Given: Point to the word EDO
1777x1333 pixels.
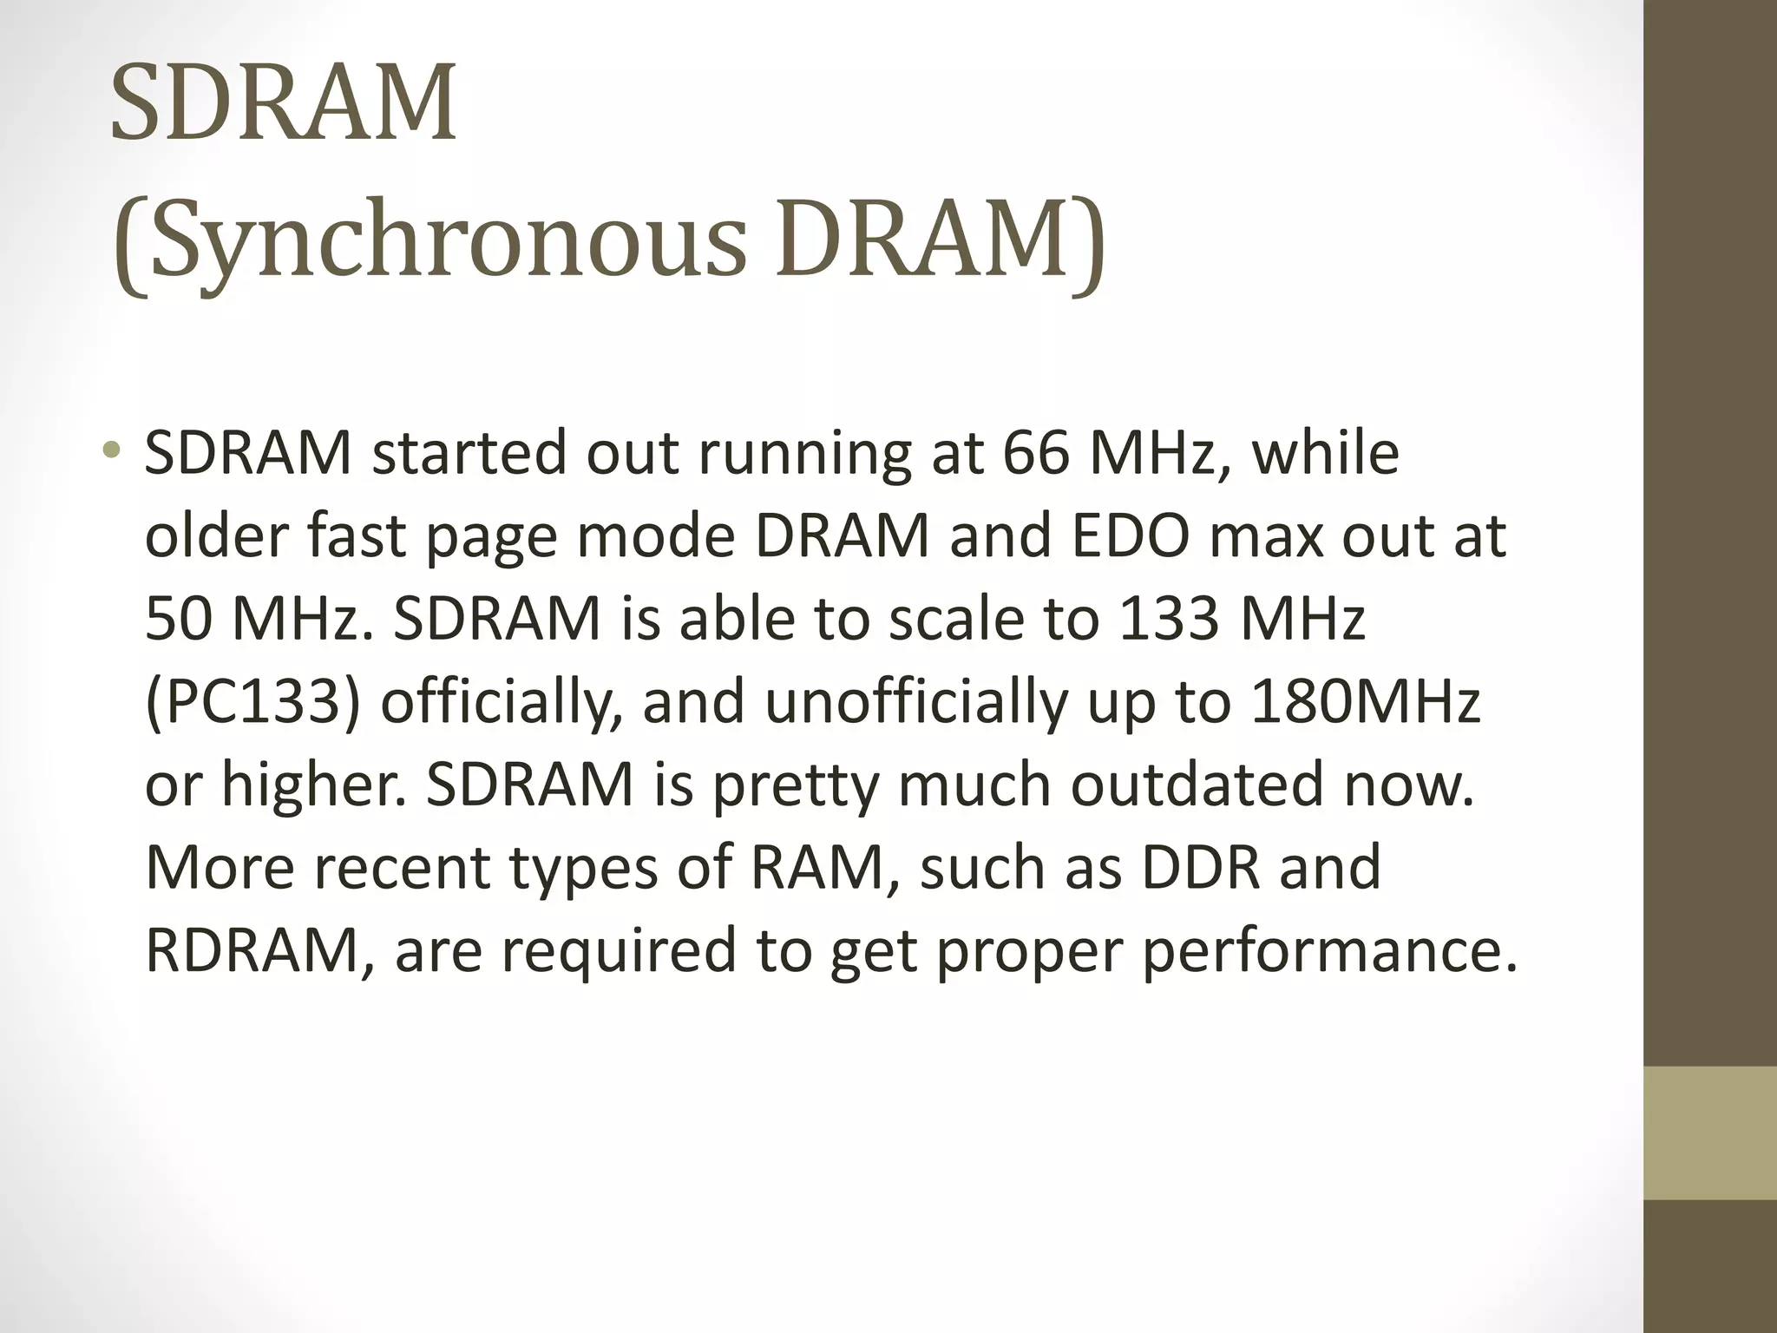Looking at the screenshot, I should pyautogui.click(x=1130, y=536).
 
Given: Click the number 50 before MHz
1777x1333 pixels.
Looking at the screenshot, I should pyautogui.click(x=177, y=619).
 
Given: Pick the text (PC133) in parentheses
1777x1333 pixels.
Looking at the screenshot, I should pyautogui.click(x=252, y=702).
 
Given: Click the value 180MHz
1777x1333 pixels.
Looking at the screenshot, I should pyautogui.click(x=1365, y=702).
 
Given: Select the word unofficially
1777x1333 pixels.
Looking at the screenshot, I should pyautogui.click(x=916, y=702).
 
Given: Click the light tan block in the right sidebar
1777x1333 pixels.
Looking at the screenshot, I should pyautogui.click(x=1709, y=1133).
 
